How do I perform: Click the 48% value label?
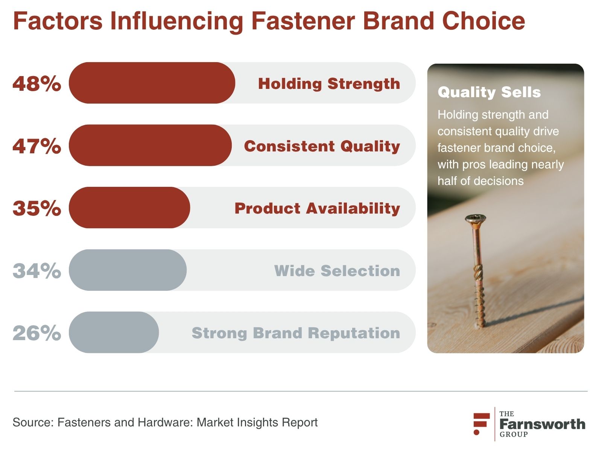tap(37, 83)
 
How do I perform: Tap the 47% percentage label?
tap(37, 146)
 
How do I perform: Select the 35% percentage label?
tap(37, 208)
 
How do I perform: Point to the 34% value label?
tap(37, 270)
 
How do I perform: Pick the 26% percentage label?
tap(37, 333)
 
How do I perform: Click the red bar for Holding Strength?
tap(152, 83)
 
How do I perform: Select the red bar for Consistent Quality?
tap(150, 145)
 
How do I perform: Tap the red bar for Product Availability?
tap(129, 208)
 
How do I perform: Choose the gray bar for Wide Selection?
tap(128, 270)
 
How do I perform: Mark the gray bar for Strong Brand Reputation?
tap(114, 332)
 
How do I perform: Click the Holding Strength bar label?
tap(329, 84)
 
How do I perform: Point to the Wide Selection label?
tap(337, 271)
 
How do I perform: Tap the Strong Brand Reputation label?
tap(296, 333)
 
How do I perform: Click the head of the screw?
tap(476, 218)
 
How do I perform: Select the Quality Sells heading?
tap(489, 92)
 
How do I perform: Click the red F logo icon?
tap(481, 424)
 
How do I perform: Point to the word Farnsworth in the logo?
tap(543, 424)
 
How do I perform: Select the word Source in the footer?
tap(33, 422)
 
